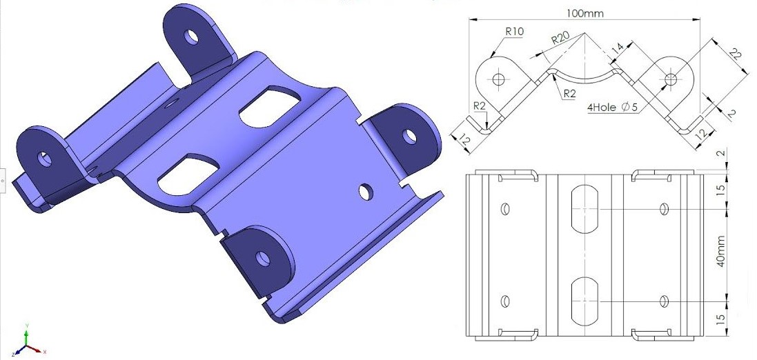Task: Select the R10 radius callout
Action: pyautogui.click(x=514, y=31)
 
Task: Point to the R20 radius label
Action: pyautogui.click(x=560, y=39)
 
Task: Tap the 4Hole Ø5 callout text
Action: pyautogui.click(x=611, y=107)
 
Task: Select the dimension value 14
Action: pyautogui.click(x=617, y=48)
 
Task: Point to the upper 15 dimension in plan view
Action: pyautogui.click(x=720, y=190)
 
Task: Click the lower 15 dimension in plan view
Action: pyautogui.click(x=720, y=319)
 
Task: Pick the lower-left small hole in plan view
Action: pyautogui.click(x=505, y=301)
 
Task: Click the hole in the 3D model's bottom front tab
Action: pyautogui.click(x=262, y=259)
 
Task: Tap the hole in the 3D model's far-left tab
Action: pyautogui.click(x=45, y=159)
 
